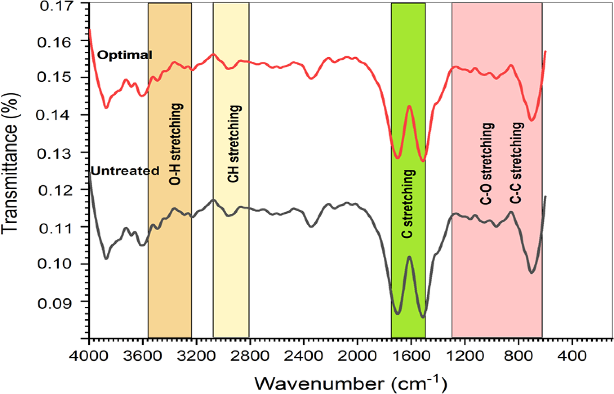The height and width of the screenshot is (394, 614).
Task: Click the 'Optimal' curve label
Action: tap(125, 55)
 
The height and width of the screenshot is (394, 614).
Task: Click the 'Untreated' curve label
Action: tap(125, 171)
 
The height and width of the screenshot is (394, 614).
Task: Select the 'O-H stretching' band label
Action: tap(176, 144)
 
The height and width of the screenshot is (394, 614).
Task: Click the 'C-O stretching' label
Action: tap(487, 163)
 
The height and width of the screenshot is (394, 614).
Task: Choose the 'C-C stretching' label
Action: tap(517, 163)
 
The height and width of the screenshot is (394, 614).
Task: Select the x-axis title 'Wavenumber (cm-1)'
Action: tap(351, 383)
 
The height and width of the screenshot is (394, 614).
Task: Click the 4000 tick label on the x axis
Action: tap(89, 355)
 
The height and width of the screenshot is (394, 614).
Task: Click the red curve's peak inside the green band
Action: tap(409, 106)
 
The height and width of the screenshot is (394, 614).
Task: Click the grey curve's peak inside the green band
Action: tap(409, 257)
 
